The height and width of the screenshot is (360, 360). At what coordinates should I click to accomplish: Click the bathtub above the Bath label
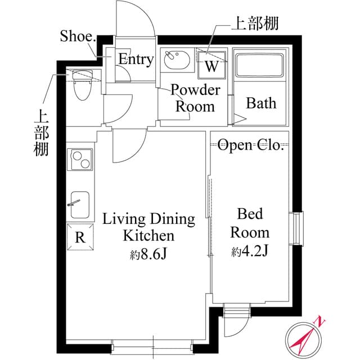260,66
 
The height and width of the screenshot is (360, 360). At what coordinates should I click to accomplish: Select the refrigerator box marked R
80,236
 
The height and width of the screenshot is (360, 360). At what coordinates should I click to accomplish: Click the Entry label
135,60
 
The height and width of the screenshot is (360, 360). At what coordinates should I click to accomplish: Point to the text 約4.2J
249,251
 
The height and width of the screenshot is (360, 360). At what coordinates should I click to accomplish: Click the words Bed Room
250,223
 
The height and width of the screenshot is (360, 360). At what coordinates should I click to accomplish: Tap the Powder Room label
195,98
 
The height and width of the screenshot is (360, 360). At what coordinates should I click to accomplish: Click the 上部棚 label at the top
255,24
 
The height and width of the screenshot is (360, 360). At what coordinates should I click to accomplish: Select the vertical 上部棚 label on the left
41,133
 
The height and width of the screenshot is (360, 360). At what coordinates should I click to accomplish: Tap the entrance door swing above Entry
135,20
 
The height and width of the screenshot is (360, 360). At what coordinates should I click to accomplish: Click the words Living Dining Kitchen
148,227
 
